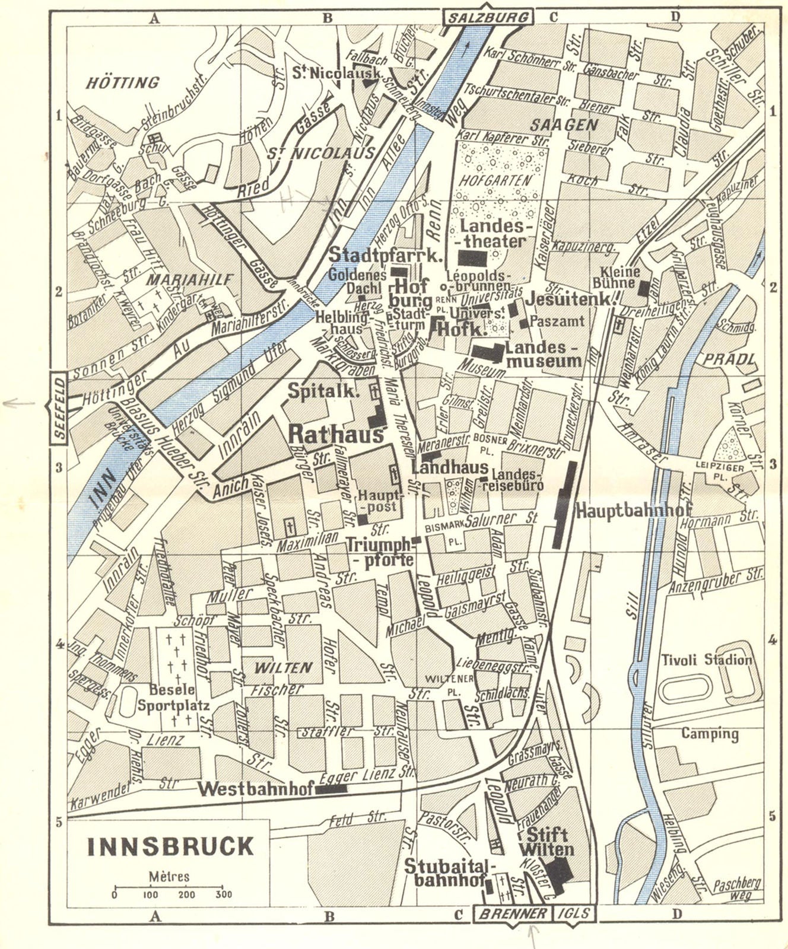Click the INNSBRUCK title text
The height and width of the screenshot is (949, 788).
[170, 846]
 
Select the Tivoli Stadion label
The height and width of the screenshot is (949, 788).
[706, 660]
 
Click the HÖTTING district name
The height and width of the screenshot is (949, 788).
[123, 82]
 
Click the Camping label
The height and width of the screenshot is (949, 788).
[709, 734]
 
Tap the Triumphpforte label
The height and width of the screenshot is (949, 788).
[379, 552]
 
